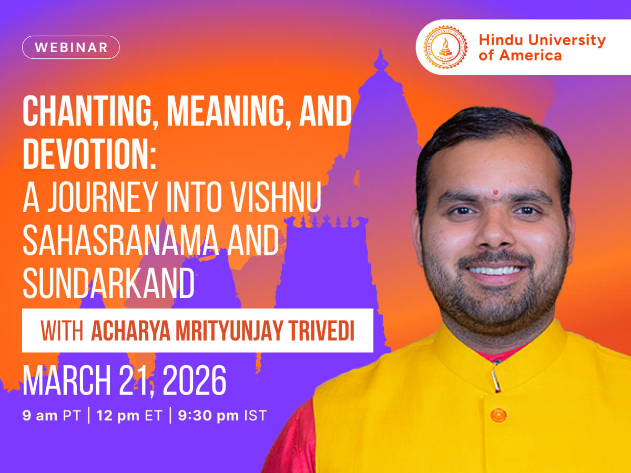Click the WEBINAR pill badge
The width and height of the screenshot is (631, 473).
click(x=71, y=47)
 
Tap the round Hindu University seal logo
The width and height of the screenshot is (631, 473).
click(x=445, y=47)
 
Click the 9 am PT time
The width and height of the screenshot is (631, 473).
click(x=51, y=416)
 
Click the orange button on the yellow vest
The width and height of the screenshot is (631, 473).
click(x=497, y=415)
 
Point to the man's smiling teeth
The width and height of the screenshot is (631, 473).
click(x=496, y=270)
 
